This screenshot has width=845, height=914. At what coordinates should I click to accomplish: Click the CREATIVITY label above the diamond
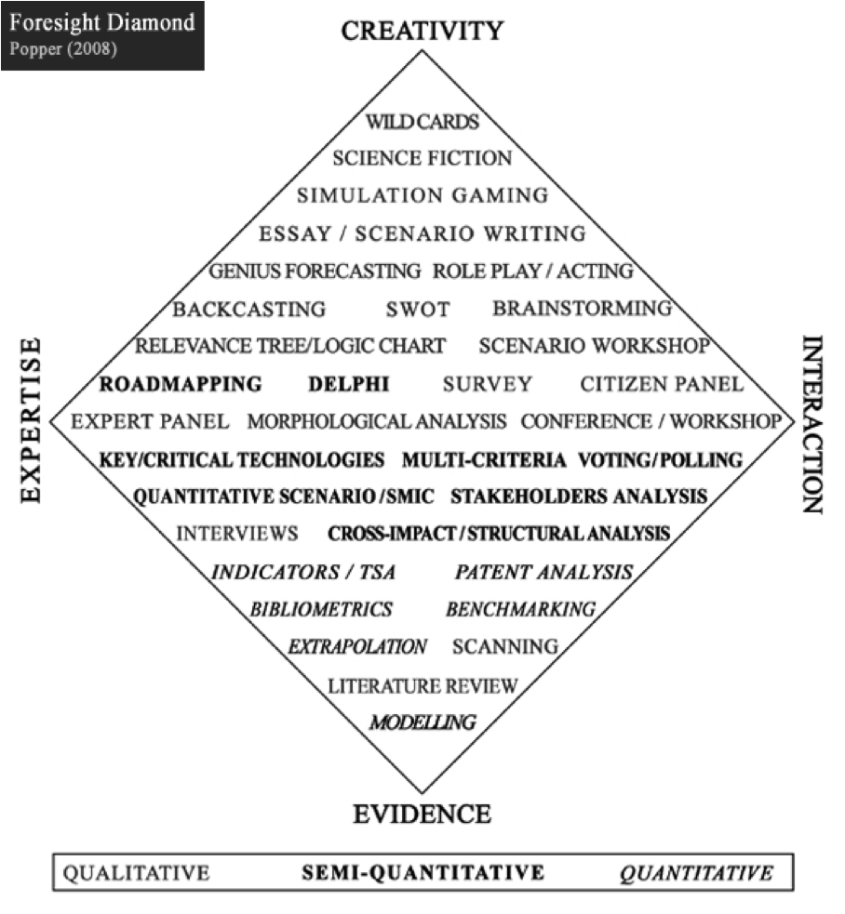(422, 31)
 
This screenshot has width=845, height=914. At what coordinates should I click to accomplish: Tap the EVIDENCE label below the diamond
(422, 814)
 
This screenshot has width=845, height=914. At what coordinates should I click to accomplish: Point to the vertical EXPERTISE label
(32, 420)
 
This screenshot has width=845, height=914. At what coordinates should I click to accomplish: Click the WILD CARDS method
(422, 122)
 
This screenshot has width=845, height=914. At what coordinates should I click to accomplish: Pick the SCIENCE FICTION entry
(422, 158)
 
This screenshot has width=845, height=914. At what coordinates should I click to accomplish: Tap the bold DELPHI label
(349, 384)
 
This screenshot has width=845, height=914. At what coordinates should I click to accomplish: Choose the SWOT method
(418, 309)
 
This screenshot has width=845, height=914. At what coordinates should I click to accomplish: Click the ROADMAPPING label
(181, 384)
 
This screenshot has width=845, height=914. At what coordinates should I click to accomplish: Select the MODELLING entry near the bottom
(423, 722)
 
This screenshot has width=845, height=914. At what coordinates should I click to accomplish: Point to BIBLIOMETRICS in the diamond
(322, 610)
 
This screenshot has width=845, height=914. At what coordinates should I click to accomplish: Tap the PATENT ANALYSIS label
(543, 573)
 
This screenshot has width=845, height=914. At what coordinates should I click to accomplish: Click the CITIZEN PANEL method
(662, 384)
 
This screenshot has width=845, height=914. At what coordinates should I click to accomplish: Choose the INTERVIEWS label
(237, 534)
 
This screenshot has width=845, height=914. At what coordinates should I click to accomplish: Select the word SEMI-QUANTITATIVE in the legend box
(423, 872)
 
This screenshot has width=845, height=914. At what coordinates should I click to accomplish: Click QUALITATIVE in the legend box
(136, 873)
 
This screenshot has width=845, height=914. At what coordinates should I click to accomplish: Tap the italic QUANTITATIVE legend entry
(696, 873)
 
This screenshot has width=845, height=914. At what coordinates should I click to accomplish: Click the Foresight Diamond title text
(102, 22)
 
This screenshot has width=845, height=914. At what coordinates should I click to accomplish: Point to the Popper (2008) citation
(63, 48)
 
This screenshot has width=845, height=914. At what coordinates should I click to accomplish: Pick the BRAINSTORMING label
(583, 309)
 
